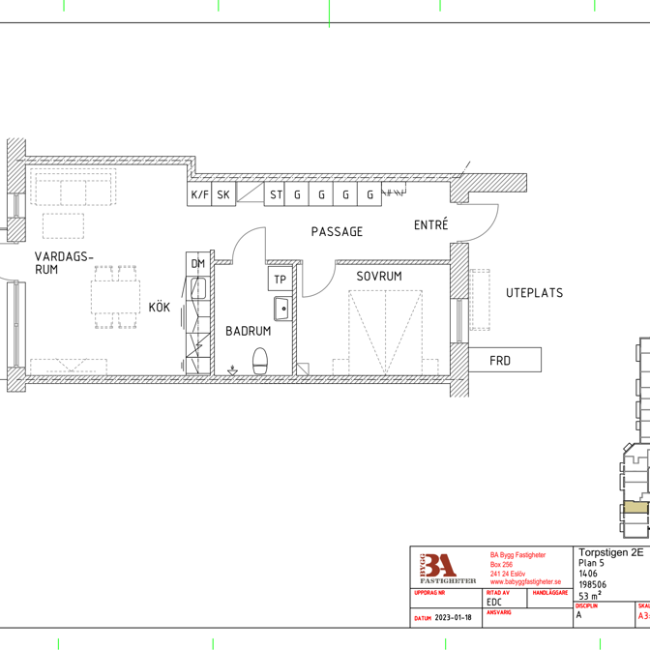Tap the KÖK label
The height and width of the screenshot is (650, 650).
click(x=159, y=308)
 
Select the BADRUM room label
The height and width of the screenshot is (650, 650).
click(x=249, y=331)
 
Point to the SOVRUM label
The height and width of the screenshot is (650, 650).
click(x=378, y=277)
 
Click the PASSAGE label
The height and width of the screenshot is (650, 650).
click(x=337, y=232)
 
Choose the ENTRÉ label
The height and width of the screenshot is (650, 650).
click(x=431, y=225)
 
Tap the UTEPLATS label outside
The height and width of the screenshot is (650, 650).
click(x=534, y=293)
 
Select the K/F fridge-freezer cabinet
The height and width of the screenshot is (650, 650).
click(x=199, y=194)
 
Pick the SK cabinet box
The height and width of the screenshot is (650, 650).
click(x=223, y=194)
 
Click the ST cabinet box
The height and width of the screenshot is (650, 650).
click(x=276, y=194)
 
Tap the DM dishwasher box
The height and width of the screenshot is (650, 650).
click(x=198, y=263)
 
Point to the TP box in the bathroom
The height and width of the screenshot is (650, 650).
click(x=281, y=280)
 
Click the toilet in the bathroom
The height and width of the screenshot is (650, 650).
click(x=259, y=361)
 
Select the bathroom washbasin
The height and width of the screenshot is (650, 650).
click(x=281, y=309)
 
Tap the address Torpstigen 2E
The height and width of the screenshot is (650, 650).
click(x=610, y=552)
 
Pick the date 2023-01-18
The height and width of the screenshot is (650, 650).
click(x=453, y=617)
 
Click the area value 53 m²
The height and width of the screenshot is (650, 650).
click(x=590, y=596)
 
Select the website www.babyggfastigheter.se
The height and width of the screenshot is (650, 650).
click(x=525, y=581)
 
